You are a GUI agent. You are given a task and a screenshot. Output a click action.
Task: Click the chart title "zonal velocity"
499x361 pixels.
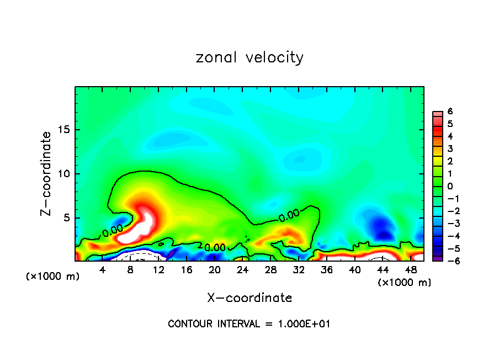point(250,57)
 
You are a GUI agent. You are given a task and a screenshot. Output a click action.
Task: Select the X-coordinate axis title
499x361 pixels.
point(250,298)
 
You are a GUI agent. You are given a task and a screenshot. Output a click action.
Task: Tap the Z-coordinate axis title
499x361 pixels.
point(47,173)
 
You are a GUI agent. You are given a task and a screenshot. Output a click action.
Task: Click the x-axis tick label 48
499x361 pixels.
point(411,269)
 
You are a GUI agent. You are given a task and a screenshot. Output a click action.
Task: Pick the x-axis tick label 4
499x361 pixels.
point(103,269)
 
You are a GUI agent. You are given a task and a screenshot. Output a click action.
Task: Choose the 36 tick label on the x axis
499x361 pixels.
point(327,269)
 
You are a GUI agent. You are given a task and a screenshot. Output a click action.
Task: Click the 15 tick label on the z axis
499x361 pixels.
point(65,130)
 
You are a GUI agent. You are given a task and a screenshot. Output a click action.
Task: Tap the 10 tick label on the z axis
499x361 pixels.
point(65,174)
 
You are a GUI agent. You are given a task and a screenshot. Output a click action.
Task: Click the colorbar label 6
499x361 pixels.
point(450,112)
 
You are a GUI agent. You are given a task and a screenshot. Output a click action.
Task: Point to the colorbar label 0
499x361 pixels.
point(450,186)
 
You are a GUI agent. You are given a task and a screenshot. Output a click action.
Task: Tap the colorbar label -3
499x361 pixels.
point(449,224)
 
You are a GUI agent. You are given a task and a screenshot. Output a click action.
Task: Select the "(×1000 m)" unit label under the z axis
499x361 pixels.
point(53,277)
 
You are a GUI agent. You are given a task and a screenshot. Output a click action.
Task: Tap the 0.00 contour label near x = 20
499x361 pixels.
point(215,248)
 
